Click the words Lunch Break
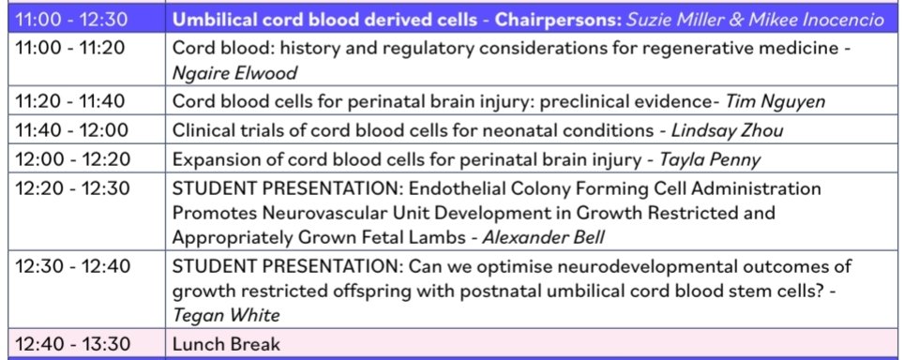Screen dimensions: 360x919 tap(226, 343)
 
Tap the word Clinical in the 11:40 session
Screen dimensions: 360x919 tap(203, 129)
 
